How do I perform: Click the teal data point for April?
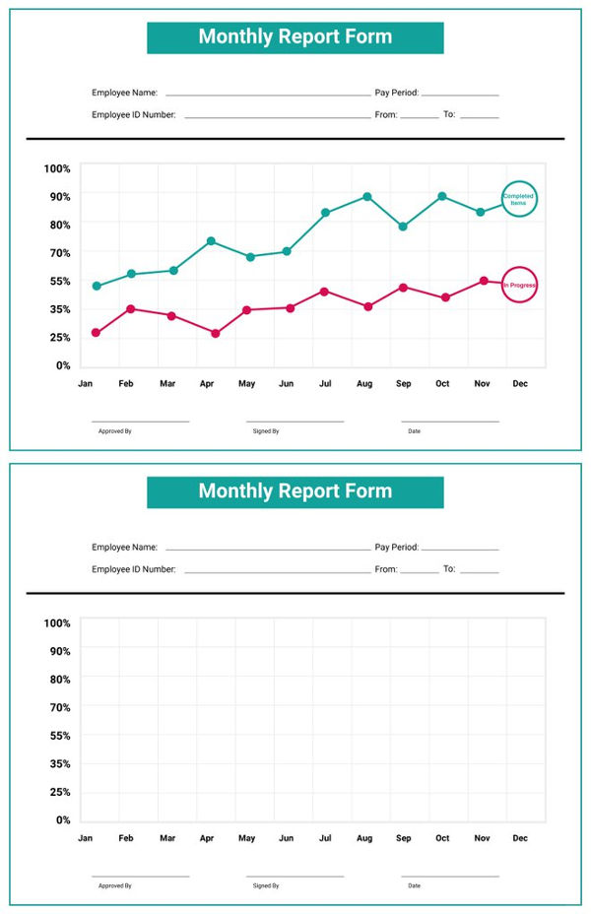[x=211, y=241]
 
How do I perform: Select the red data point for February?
[x=131, y=309]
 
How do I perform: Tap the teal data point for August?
[x=367, y=197]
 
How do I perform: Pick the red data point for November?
[x=484, y=281]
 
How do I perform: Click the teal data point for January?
[x=97, y=287]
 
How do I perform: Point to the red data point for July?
[x=324, y=292]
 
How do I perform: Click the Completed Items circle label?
[x=519, y=200]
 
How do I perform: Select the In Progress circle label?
[x=519, y=286]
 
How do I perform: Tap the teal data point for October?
[x=442, y=197]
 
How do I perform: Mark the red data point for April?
[x=216, y=334]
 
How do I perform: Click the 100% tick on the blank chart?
[x=57, y=623]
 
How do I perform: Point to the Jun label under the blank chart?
[x=286, y=838]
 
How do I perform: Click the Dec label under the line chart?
[x=520, y=383]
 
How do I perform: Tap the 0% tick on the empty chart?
[x=62, y=819]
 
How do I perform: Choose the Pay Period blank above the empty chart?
[x=460, y=548]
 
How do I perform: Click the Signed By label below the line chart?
[x=265, y=431]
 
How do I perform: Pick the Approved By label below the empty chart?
[x=114, y=885]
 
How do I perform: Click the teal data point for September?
[x=403, y=227]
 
